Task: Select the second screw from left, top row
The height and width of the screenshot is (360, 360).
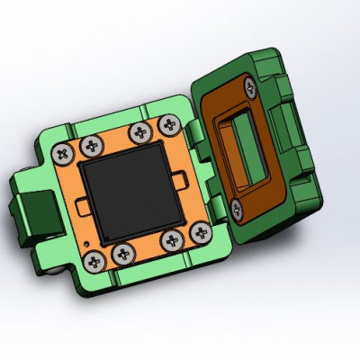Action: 91,145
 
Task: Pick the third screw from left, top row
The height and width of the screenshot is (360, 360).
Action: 139,133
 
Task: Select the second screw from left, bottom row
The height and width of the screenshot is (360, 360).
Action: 121,255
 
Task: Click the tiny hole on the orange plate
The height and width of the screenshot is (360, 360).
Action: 85,242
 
